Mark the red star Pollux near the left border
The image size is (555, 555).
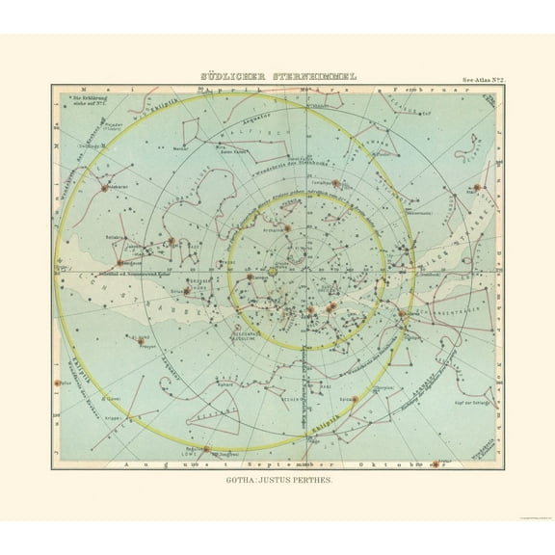pos(59,383)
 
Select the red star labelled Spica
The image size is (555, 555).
pos(353,397)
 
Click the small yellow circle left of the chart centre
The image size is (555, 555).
pos(272,273)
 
